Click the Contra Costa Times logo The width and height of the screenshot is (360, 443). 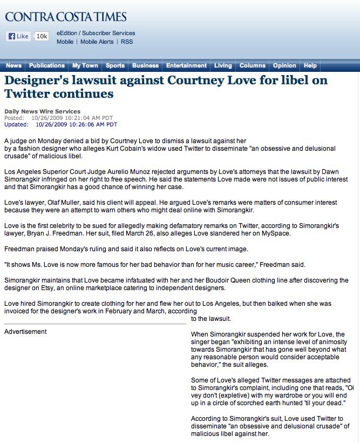pos(66,17)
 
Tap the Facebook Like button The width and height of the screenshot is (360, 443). pos(18,36)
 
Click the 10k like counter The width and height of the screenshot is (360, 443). pos(42,36)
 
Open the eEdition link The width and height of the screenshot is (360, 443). pos(67,33)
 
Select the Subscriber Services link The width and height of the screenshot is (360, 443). pos(108,33)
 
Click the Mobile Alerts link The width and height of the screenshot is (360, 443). pos(97,42)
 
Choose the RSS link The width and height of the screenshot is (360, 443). pos(127,42)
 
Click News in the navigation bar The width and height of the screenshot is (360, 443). pos(13,65)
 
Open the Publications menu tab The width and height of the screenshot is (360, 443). pos(47,65)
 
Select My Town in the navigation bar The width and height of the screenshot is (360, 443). pos(85,65)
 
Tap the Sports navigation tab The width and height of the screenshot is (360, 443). pos(115,65)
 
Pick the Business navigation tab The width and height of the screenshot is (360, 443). pos(146,65)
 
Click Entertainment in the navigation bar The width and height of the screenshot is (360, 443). pos(186,65)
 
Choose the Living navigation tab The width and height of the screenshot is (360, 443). pos(223,65)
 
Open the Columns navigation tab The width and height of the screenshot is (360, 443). pos(252,65)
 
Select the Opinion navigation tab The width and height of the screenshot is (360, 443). pos(284,65)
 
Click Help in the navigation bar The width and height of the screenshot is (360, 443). pos(310,65)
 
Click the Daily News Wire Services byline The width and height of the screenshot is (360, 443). pos(42,111)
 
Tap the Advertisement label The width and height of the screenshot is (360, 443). pos(25,332)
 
